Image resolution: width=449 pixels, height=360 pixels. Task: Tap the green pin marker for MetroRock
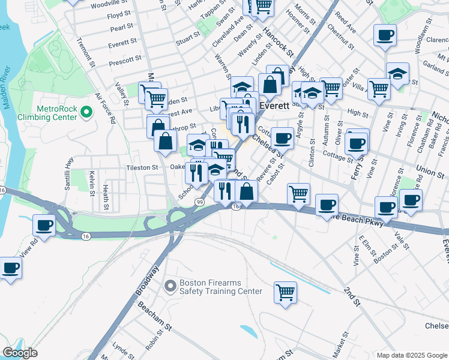(86, 112)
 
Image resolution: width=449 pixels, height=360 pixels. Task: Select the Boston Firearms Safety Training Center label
(213, 287)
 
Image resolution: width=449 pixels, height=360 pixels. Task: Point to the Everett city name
(274, 105)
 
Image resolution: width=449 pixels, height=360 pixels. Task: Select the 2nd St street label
(352, 297)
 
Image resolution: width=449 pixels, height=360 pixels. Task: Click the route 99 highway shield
(199, 202)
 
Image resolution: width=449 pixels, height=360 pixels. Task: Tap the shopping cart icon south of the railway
(286, 293)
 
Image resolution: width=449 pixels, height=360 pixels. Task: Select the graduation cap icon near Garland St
(397, 74)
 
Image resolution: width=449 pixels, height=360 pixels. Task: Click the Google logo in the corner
(20, 353)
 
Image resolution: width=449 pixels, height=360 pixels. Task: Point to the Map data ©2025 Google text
(411, 355)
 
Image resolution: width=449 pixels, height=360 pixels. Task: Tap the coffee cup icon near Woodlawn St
(385, 34)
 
